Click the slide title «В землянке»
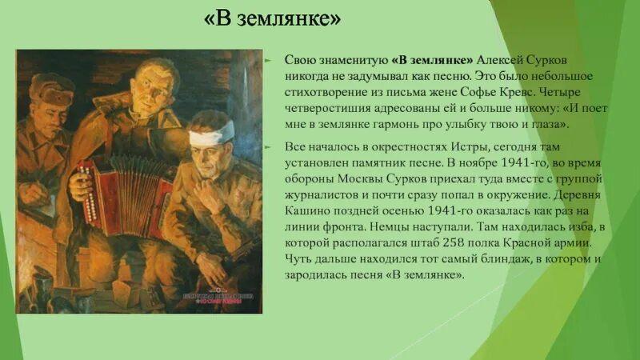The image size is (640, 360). (x=273, y=19)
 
